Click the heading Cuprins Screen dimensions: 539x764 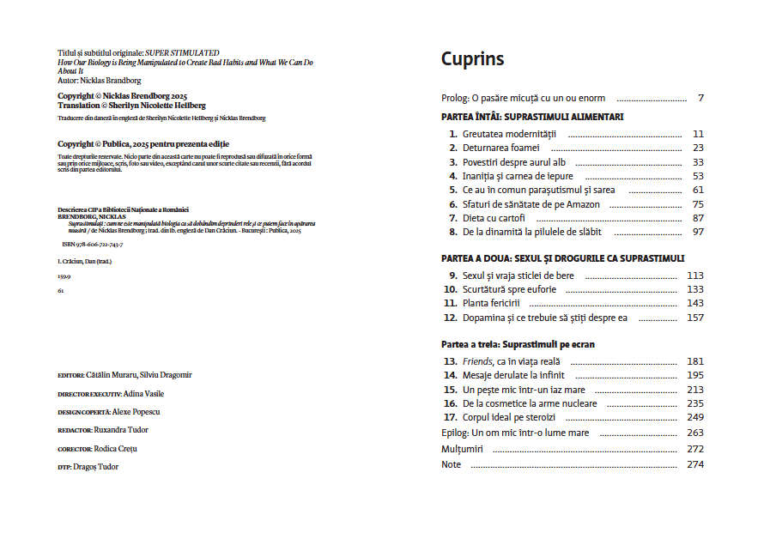[x=472, y=59]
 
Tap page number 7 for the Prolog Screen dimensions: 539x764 [x=700, y=98]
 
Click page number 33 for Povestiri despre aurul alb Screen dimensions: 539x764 [x=697, y=162]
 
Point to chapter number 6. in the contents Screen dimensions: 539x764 [x=453, y=204]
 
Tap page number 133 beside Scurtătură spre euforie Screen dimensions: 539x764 [x=694, y=289]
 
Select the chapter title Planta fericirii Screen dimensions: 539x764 [x=491, y=303]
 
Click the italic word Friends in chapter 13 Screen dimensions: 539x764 [x=477, y=361]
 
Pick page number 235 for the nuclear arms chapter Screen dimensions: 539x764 [x=694, y=403]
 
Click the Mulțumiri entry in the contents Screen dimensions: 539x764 [x=462, y=449]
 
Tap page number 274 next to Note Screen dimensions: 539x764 [x=694, y=464]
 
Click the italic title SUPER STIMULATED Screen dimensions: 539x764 [x=182, y=53]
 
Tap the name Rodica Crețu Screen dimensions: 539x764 [x=116, y=448]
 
